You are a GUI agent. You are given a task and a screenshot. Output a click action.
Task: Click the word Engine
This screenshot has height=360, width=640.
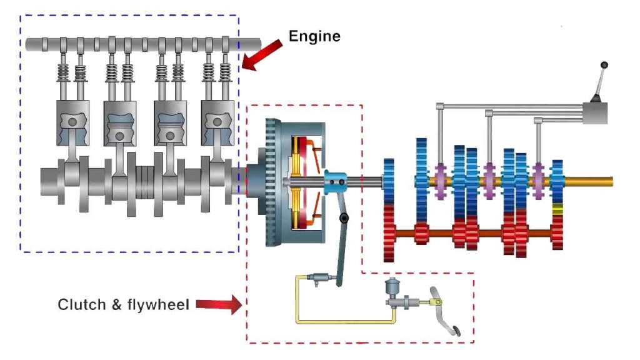pyautogui.click(x=314, y=36)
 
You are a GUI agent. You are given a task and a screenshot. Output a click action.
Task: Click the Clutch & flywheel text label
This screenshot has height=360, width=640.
pyautogui.click(x=123, y=305)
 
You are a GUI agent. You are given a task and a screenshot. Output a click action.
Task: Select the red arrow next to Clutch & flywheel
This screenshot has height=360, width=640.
pyautogui.click(x=218, y=305)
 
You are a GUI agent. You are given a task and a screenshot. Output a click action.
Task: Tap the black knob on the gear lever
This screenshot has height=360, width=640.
pyautogui.click(x=604, y=65)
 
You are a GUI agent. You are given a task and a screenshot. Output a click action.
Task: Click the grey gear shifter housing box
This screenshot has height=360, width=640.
pyautogui.click(x=594, y=112)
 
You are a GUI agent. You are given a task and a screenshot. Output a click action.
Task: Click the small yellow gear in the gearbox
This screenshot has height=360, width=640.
pyautogui.click(x=557, y=209)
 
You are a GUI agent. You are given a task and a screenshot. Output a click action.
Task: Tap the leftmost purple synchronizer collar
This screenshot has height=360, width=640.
pyautogui.click(x=440, y=181)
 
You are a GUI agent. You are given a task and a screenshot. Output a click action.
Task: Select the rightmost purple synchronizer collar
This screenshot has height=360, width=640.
pyautogui.click(x=537, y=181)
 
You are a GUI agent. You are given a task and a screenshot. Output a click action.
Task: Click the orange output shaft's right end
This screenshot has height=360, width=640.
pyautogui.click(x=609, y=181)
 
